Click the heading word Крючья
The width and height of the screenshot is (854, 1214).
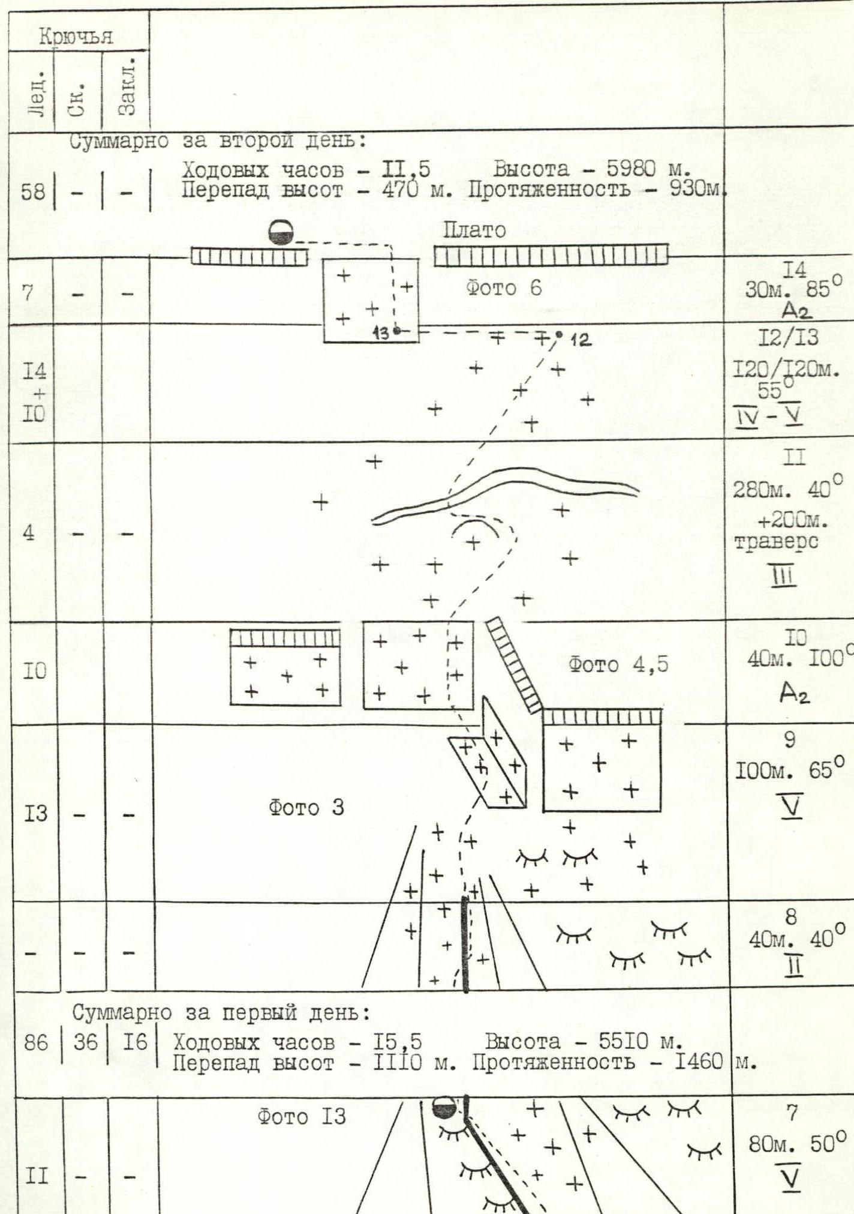[x=76, y=37]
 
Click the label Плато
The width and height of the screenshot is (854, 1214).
[x=474, y=230]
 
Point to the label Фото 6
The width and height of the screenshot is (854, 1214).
[x=504, y=289]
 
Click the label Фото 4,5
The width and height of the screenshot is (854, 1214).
[x=618, y=665]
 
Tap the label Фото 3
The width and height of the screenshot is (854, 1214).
[x=306, y=808]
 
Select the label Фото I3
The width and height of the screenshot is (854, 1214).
[x=302, y=1117]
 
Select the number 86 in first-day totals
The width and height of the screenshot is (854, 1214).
[x=35, y=1043]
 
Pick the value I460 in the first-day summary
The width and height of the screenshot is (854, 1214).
[x=699, y=1063]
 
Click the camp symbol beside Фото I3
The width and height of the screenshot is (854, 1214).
[x=445, y=1108]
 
